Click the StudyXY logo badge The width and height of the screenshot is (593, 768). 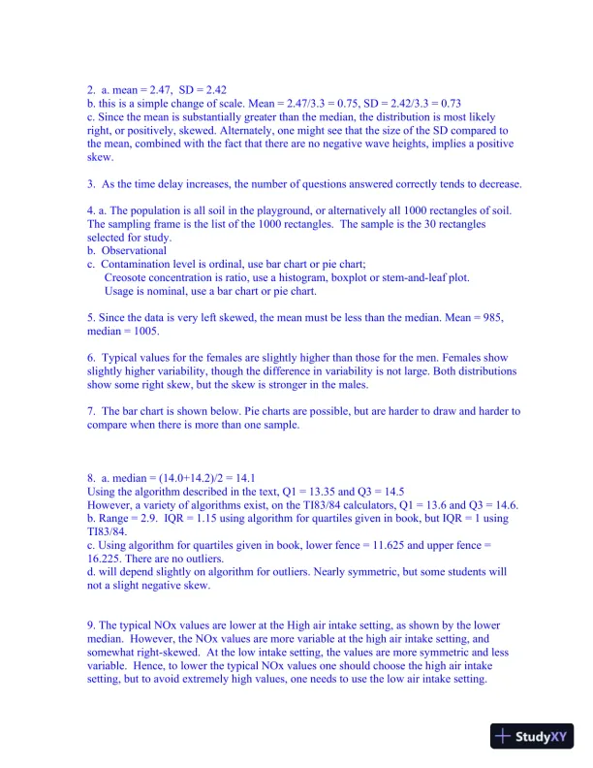pyautogui.click(x=532, y=736)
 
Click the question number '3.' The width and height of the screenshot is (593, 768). pyautogui.click(x=91, y=183)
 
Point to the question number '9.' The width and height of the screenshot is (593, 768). pyautogui.click(x=91, y=625)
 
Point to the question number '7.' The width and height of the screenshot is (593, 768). pyautogui.click(x=91, y=411)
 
